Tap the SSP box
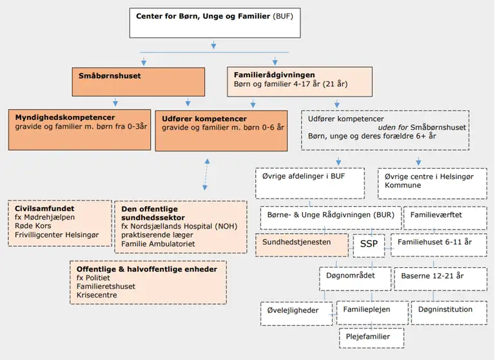pyautogui.click(x=369, y=245)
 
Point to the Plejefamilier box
pyautogui.click(x=372, y=337)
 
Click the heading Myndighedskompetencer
pyautogui.click(x=65, y=118)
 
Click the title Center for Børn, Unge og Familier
pyautogui.click(x=203, y=15)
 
